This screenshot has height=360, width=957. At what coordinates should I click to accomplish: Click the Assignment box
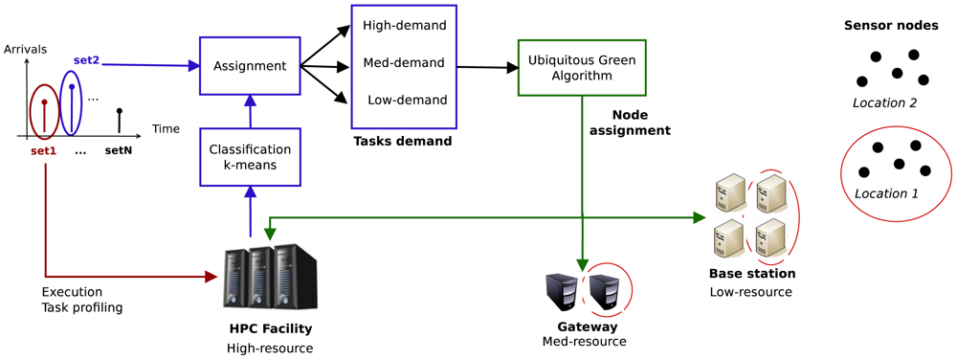coord(250,66)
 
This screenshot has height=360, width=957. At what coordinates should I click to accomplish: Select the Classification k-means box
coord(250,157)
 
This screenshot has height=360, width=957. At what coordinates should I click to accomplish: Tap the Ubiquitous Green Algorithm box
coord(582,67)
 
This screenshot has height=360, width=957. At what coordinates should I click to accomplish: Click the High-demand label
coord(404,26)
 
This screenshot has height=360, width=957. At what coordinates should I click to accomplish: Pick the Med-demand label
coord(404,63)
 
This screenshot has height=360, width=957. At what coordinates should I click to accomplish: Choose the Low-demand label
coord(407,101)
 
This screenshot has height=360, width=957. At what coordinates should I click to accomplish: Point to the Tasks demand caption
coord(403,142)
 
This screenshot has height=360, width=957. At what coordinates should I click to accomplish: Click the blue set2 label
coord(86,59)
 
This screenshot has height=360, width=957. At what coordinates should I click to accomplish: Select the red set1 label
coord(43,150)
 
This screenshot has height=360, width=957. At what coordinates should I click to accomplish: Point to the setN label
coord(119,150)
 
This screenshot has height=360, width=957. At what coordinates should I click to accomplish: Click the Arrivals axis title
coord(26,49)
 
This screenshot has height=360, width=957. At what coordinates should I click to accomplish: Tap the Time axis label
coord(165,129)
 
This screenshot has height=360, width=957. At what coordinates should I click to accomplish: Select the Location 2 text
coord(885,102)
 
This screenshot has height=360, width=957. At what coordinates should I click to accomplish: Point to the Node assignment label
coord(640,123)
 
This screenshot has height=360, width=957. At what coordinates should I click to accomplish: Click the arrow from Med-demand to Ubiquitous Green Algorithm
coord(487,68)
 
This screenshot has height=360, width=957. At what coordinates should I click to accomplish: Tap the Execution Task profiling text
coord(81,300)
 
